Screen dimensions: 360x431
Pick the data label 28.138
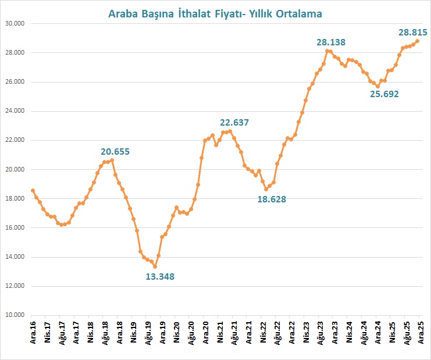(330, 42)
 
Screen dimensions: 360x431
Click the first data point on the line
(33, 190)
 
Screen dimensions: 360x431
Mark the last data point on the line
(418, 41)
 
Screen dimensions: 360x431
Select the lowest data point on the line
(155, 266)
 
